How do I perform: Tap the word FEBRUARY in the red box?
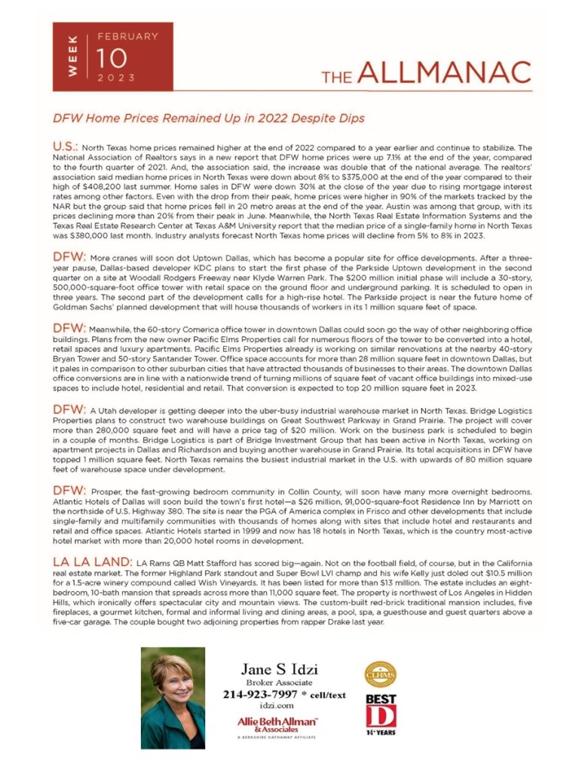click(x=127, y=36)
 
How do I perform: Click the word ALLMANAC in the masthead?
click(x=444, y=72)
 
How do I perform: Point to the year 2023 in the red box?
click(x=116, y=78)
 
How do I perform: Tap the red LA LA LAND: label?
click(x=91, y=562)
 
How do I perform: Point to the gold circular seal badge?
click(x=380, y=674)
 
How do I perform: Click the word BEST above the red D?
click(x=381, y=699)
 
